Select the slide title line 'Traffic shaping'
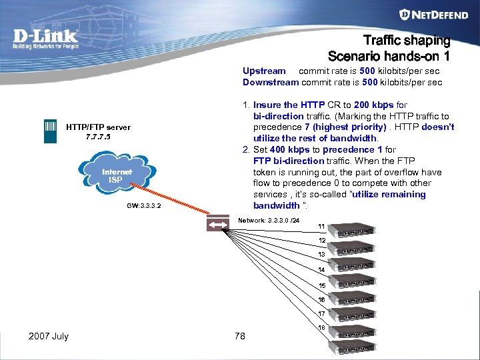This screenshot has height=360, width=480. click(x=406, y=41)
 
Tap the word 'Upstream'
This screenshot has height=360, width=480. click(x=264, y=71)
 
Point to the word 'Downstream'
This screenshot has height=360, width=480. click(x=271, y=82)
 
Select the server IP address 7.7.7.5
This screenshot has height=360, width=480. click(x=97, y=137)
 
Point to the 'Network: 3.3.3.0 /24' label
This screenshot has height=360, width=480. click(x=273, y=220)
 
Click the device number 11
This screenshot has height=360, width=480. click(x=321, y=226)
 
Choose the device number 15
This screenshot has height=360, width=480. click(x=321, y=285)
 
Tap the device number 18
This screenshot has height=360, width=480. click(x=321, y=328)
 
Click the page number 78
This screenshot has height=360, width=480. click(x=240, y=336)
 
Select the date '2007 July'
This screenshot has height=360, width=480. click(x=49, y=336)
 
